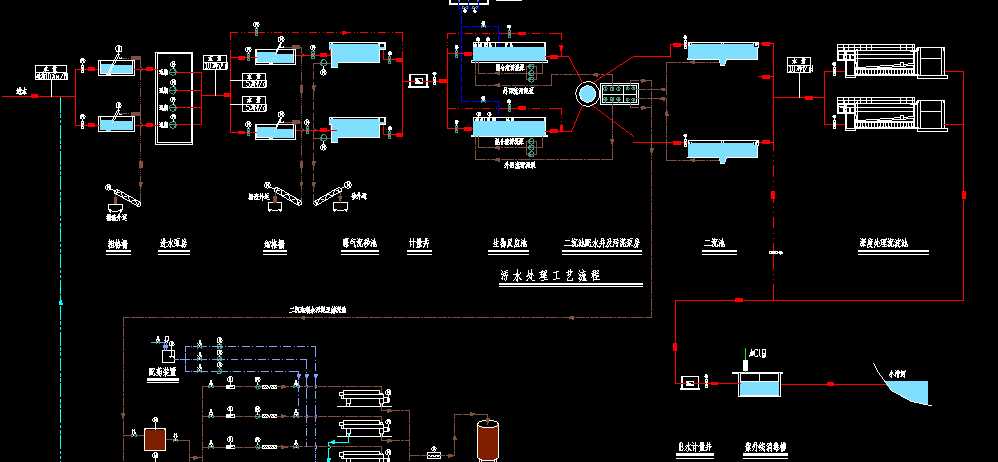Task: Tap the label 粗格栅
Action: coord(118,243)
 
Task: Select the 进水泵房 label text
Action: coord(176,243)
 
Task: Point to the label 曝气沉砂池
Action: coord(351,243)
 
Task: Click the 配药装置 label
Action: coord(160,372)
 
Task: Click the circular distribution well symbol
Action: coord(587,93)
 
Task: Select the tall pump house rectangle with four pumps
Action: coord(173,98)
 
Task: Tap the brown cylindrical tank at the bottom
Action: coord(488,439)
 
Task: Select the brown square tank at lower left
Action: coord(155,439)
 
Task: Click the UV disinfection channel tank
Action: coord(760,383)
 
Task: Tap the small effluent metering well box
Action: coord(689,383)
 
